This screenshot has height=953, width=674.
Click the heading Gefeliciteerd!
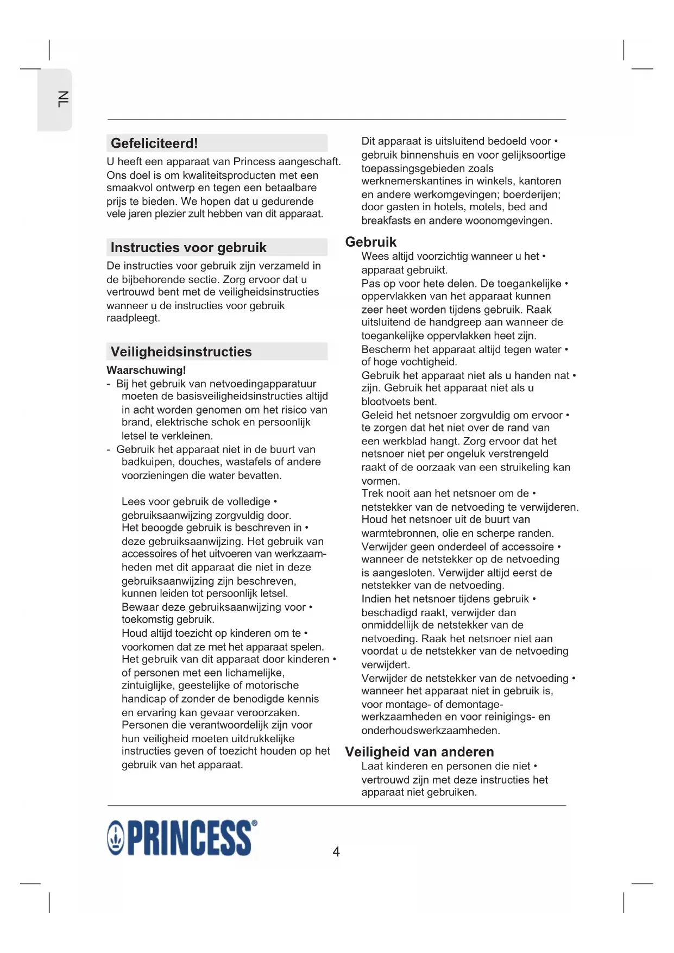point(154,143)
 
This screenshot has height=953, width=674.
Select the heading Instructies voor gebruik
point(188,248)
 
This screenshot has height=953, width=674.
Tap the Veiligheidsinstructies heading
point(181,352)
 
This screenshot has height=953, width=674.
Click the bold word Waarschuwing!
point(146,371)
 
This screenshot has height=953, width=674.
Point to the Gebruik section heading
point(371,242)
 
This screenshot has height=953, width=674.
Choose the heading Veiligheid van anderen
point(419,752)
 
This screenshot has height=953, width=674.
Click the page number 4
point(336,851)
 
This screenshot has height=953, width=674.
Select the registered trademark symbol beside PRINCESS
point(255,824)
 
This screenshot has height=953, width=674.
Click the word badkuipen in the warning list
point(144,462)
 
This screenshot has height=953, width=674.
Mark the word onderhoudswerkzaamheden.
point(431,731)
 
